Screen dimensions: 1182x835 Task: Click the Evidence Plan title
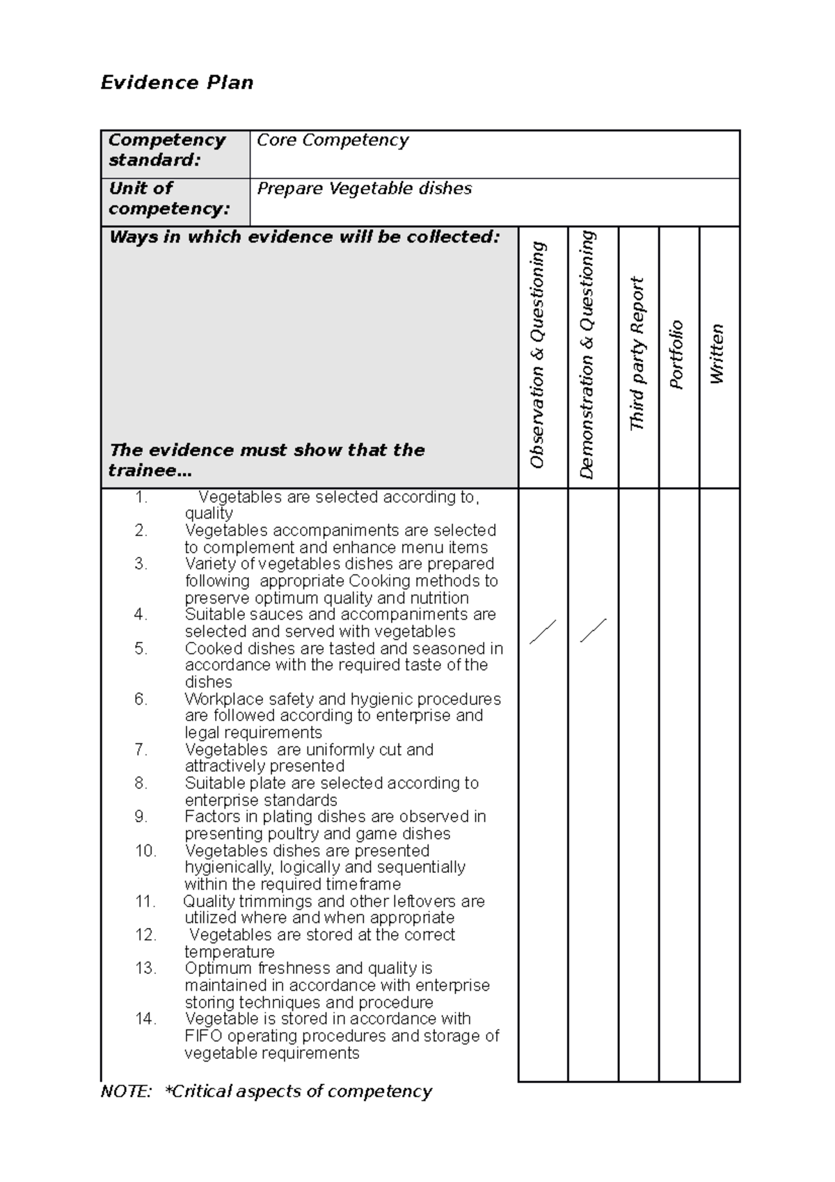(177, 83)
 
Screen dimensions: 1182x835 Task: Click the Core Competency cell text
(333, 140)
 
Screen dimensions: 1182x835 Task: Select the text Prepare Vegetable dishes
(364, 189)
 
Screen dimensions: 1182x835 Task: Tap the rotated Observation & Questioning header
(538, 355)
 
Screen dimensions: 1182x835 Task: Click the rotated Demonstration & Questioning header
(587, 355)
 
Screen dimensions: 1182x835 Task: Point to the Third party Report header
(637, 354)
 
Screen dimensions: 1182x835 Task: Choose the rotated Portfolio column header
(676, 355)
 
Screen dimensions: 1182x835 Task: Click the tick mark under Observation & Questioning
(543, 631)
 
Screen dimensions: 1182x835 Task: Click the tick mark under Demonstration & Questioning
(593, 631)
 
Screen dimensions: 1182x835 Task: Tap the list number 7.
(141, 750)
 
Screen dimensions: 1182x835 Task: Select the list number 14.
(145, 1019)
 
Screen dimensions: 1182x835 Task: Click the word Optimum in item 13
(218, 968)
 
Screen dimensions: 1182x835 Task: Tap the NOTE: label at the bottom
(126, 1092)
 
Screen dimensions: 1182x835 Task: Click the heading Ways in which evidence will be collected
(304, 237)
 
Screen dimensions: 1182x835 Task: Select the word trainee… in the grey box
(150, 471)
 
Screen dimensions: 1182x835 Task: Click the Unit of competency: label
(168, 198)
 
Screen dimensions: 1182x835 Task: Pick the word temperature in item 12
(229, 952)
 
